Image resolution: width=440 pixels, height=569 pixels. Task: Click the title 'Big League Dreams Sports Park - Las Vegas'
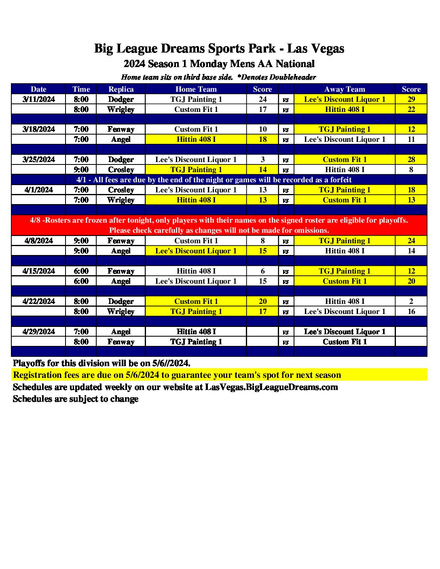point(219,48)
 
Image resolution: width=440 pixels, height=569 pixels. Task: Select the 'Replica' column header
point(121,89)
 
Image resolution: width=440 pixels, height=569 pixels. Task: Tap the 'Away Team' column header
point(345,89)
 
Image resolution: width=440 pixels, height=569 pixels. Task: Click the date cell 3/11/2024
point(39,99)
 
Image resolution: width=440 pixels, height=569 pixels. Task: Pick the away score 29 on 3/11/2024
point(411,99)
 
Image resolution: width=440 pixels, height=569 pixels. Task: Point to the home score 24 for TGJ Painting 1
point(263,99)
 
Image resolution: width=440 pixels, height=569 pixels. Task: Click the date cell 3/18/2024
point(39,129)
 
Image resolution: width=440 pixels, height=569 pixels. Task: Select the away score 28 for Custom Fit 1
point(411,160)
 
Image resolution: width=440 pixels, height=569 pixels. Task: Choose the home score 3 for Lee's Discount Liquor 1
point(263,160)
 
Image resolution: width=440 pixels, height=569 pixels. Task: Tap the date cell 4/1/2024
point(39,190)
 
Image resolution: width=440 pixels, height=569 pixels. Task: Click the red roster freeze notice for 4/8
point(219,225)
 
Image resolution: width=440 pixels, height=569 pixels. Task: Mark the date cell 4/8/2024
point(39,241)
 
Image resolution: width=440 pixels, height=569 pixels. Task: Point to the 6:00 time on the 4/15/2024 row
point(81,271)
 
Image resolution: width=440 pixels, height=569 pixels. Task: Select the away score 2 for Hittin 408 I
point(411,301)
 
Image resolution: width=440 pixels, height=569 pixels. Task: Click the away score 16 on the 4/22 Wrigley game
point(411,312)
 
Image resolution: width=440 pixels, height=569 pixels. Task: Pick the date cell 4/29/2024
point(39,332)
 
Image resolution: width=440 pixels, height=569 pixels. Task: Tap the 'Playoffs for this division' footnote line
point(102,363)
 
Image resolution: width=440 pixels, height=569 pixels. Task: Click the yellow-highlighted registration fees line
point(177,375)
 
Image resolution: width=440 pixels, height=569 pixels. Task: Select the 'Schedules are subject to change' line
point(76,399)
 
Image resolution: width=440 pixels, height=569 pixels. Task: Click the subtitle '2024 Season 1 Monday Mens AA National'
point(219,64)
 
